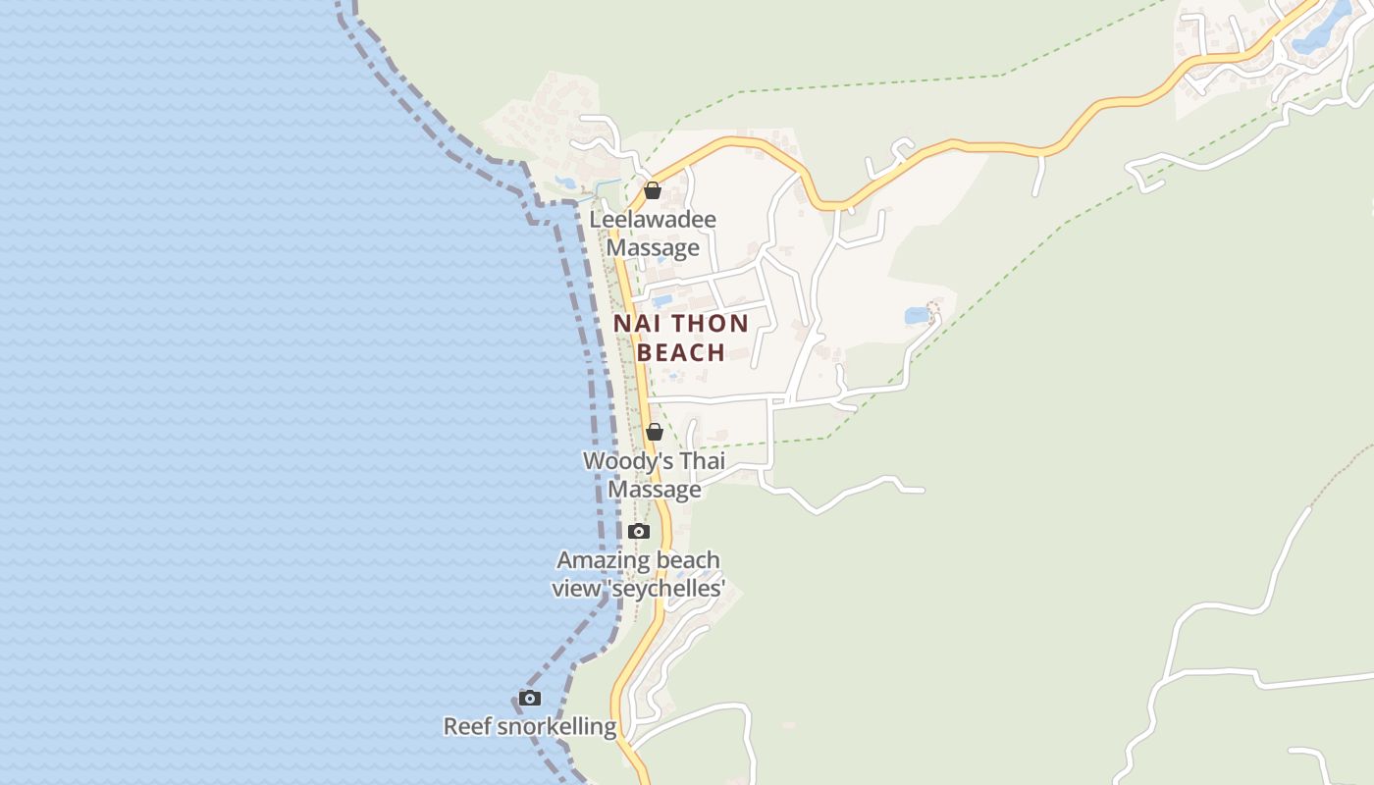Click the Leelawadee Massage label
point(653,234)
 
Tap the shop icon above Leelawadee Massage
point(653,190)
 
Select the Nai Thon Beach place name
point(681,338)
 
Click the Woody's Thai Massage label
point(654,475)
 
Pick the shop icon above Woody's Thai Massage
point(655,432)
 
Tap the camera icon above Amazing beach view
point(639,531)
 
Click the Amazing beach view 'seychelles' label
point(638,574)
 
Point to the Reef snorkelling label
point(530,727)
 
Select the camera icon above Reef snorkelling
point(530,698)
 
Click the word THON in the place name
point(708,324)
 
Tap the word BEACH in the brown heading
point(681,352)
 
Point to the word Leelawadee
point(653,220)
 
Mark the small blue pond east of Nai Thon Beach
point(917,316)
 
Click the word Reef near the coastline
point(467,727)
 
